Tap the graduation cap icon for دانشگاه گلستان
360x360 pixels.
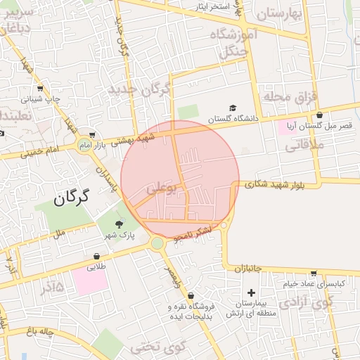(x=232, y=109)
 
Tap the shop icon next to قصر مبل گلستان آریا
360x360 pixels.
(x=320, y=115)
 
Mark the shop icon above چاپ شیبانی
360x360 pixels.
(x=39, y=89)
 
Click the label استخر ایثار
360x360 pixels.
(x=214, y=6)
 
